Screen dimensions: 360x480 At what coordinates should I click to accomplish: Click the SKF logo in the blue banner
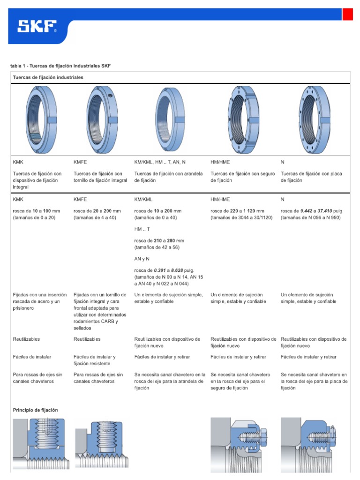click(x=37, y=27)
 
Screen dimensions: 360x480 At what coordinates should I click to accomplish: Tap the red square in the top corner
click(x=347, y=15)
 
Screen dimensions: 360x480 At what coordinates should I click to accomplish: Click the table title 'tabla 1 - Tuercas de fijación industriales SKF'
click(x=60, y=66)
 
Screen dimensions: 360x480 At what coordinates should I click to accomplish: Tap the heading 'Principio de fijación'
click(x=36, y=410)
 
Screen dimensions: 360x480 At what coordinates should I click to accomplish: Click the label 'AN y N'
click(x=142, y=259)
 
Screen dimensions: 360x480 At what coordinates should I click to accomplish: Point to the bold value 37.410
click(x=322, y=211)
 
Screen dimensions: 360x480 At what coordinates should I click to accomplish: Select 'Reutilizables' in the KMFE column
click(x=87, y=339)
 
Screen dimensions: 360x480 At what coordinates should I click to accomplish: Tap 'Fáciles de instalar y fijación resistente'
click(x=95, y=360)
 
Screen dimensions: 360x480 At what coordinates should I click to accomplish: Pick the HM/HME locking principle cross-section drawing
click(x=240, y=443)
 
